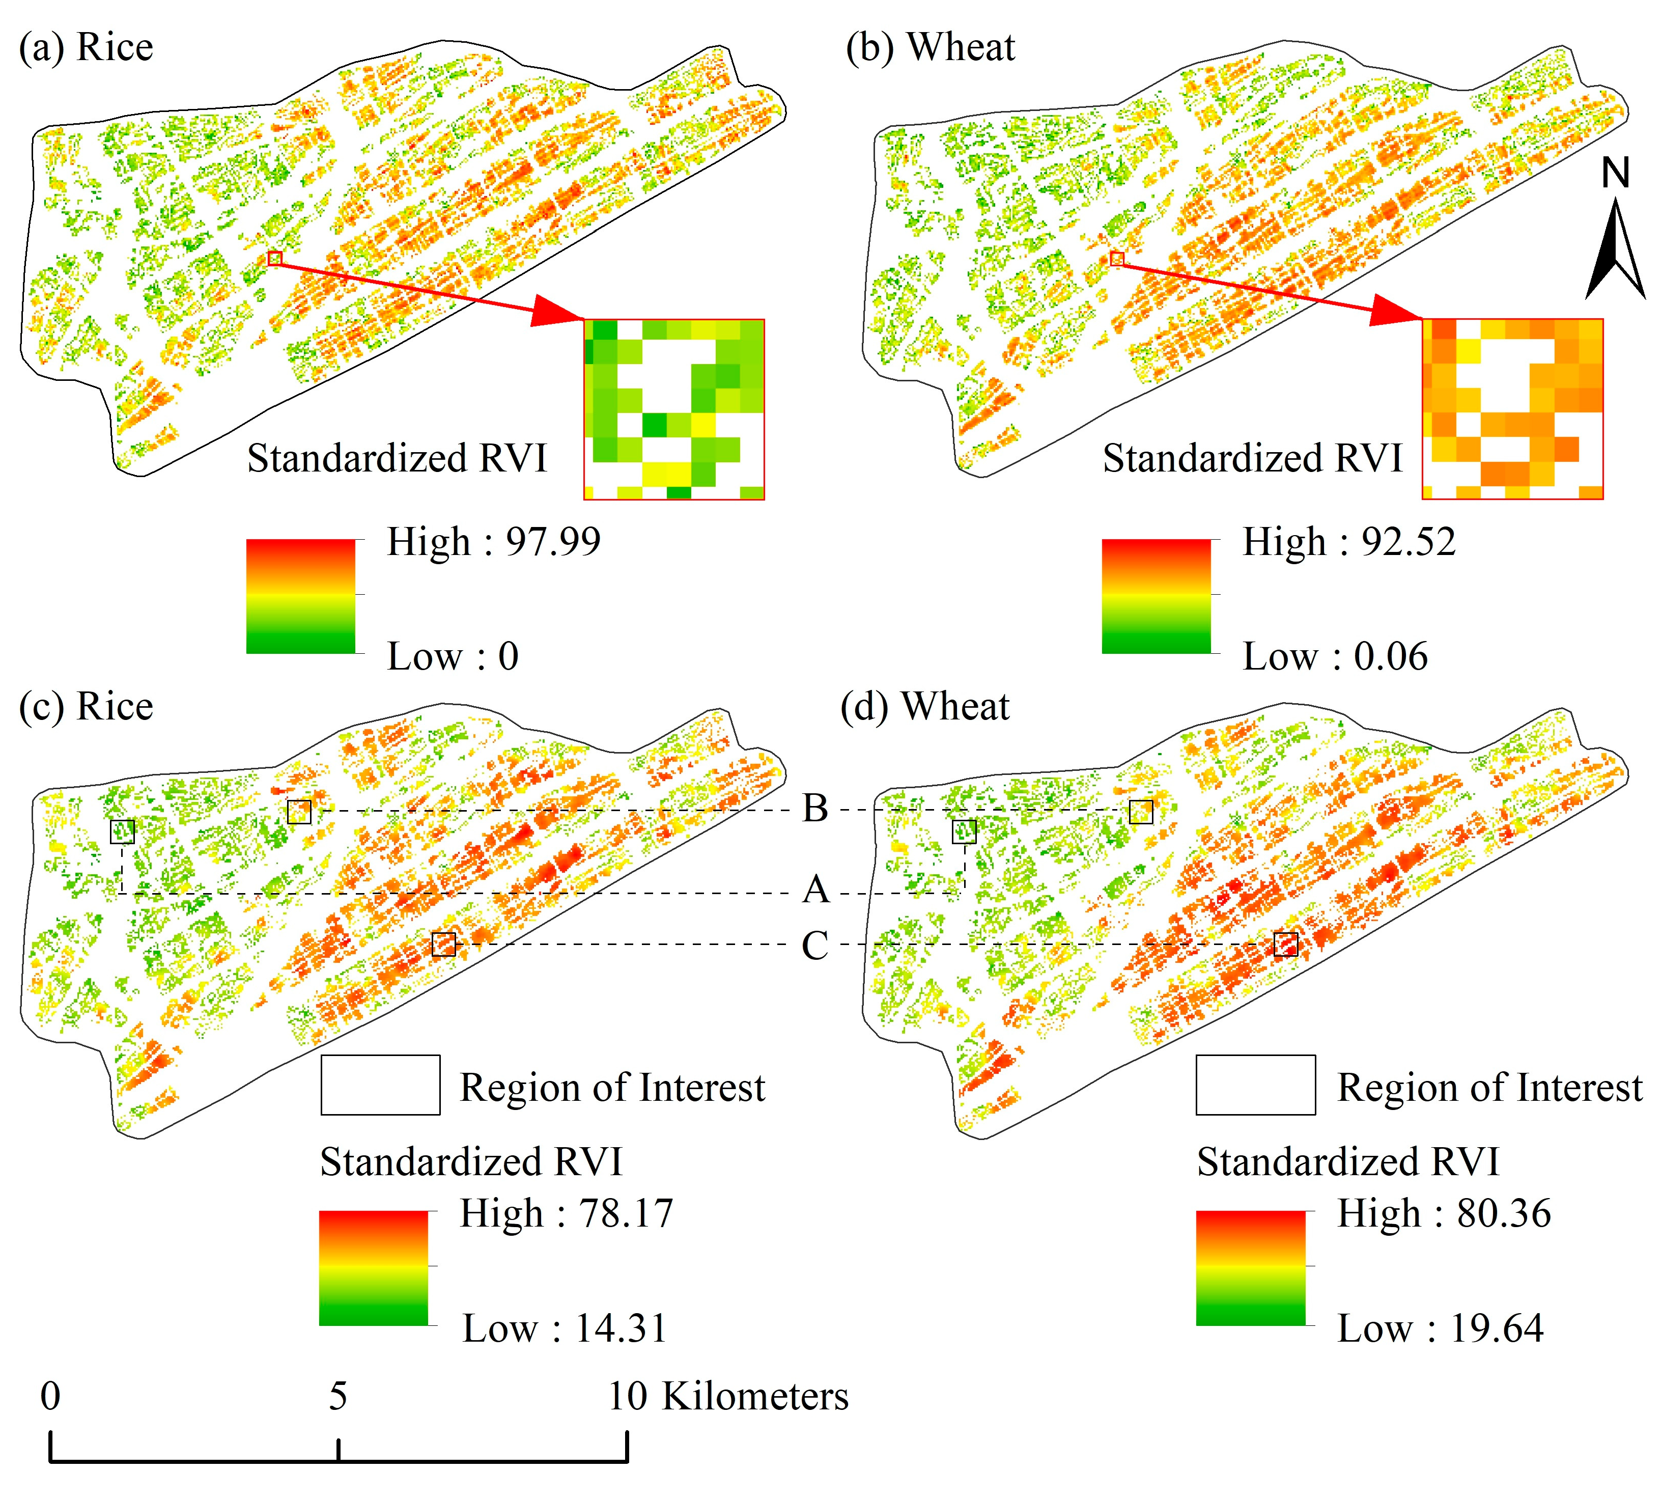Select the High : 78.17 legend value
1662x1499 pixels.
click(566, 1214)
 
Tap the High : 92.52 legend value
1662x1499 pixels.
click(1348, 542)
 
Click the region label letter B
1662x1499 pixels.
click(814, 809)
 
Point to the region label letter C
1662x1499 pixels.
click(814, 946)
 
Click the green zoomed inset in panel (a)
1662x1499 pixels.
click(673, 409)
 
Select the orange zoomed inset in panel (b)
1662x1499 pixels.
click(1512, 409)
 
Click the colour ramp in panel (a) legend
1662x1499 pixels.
click(301, 596)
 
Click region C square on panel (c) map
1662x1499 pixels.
click(443, 944)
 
